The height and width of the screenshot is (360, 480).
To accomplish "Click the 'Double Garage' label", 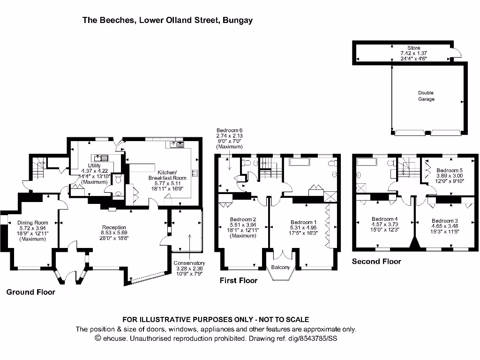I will pos(426,96).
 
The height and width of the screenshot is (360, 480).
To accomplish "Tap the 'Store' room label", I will pos(413,48).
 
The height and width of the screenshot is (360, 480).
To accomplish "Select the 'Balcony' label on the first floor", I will pos(281,268).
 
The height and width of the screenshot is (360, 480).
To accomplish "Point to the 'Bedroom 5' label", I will pos(450,171).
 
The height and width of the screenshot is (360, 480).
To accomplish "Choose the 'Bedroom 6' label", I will pos(229,130).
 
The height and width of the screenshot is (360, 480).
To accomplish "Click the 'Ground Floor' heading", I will pos(30,292).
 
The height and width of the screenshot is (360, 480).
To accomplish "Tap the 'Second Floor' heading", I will pos(376,261).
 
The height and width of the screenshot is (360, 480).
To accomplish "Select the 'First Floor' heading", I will pos(239,280).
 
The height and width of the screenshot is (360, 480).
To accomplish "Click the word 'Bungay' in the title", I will pos(238,20).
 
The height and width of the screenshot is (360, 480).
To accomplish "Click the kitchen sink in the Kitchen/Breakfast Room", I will pos(177,145).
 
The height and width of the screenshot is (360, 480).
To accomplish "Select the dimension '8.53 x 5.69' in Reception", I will pos(114,232).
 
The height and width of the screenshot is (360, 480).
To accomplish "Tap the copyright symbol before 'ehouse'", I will pos(98,338).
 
